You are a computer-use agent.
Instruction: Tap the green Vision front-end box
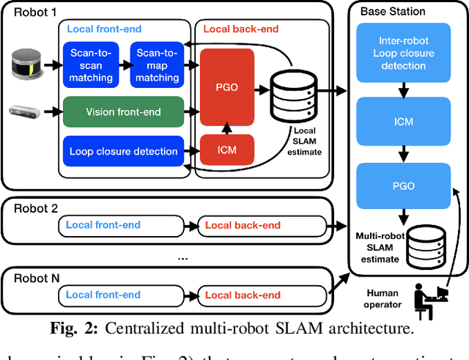pos(123,111)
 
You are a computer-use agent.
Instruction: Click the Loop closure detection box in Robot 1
pos(123,151)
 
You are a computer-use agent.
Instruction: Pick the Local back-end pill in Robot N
pos(243,295)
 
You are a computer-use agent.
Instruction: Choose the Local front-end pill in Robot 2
pos(103,224)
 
